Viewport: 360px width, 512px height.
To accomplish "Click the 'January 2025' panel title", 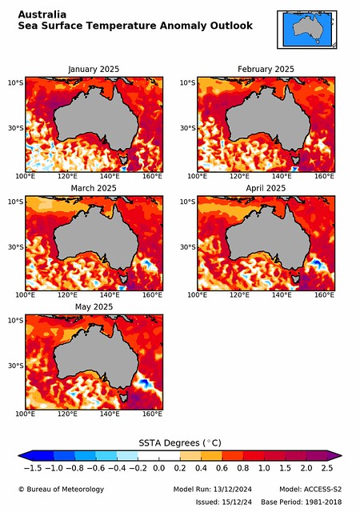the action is pos(94,70).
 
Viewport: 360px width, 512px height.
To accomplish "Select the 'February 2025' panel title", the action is pos(266,70).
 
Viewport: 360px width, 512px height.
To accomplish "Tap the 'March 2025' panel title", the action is pos(94,188).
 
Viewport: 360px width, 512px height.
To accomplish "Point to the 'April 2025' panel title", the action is pos(266,188).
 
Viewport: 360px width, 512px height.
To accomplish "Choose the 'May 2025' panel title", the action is pos(94,307).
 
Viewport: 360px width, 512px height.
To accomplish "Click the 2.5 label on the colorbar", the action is pos(327,468).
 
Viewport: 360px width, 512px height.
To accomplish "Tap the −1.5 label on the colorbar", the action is pos(33,468).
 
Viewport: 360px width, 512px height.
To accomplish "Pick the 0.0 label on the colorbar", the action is pos(158,468).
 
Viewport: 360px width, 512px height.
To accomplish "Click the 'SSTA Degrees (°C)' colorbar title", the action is pos(180,443).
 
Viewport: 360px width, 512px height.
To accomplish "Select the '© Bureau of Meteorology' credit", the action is pos(61,489).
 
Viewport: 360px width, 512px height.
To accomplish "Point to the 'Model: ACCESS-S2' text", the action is pos(310,489).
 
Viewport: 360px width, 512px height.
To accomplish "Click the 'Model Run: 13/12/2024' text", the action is pos(212,489).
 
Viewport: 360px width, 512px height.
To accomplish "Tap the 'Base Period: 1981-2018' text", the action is pos(301,502).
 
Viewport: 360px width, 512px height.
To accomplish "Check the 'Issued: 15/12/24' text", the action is pos(224,502).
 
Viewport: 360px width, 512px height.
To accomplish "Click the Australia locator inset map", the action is pos(307,30).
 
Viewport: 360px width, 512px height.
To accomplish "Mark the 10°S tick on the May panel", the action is pos(16,321).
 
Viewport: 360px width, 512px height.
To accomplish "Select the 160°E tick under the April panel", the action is pos(324,295).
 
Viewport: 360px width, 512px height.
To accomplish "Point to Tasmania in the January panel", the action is pos(123,160).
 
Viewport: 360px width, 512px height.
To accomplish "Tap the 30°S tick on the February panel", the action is pos(188,128).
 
